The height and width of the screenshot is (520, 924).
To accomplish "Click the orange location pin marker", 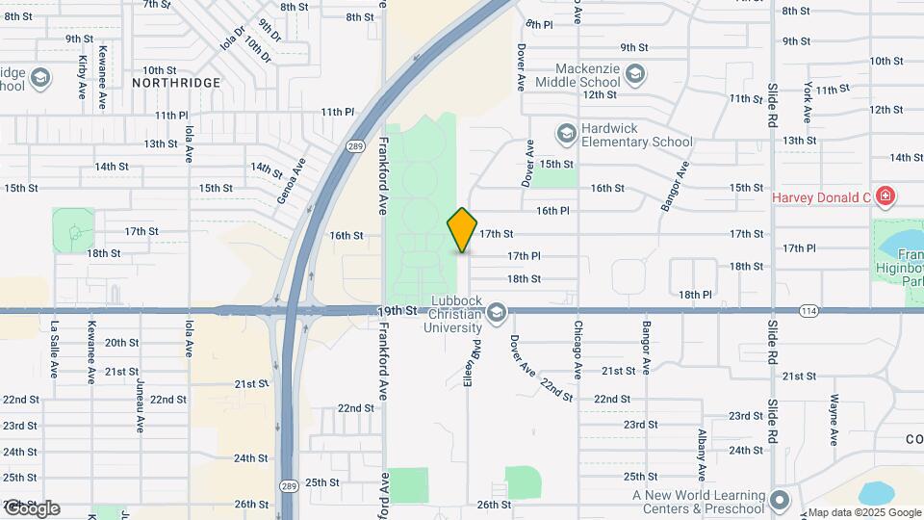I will (463, 229).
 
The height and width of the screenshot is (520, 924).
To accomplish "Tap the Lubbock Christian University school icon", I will (497, 311).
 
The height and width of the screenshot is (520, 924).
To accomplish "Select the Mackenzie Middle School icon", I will (634, 74).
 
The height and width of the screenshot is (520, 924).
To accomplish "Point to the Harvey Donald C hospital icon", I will (885, 198).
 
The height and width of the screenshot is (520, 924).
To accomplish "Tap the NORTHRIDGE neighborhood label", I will (176, 84).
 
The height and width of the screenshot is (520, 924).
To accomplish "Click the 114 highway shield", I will (808, 311).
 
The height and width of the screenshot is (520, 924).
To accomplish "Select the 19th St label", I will (398, 311).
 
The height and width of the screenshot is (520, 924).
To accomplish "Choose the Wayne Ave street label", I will (834, 420).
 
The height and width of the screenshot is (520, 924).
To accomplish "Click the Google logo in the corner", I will (32, 507).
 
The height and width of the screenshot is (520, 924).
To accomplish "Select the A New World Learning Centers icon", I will (779, 501).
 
